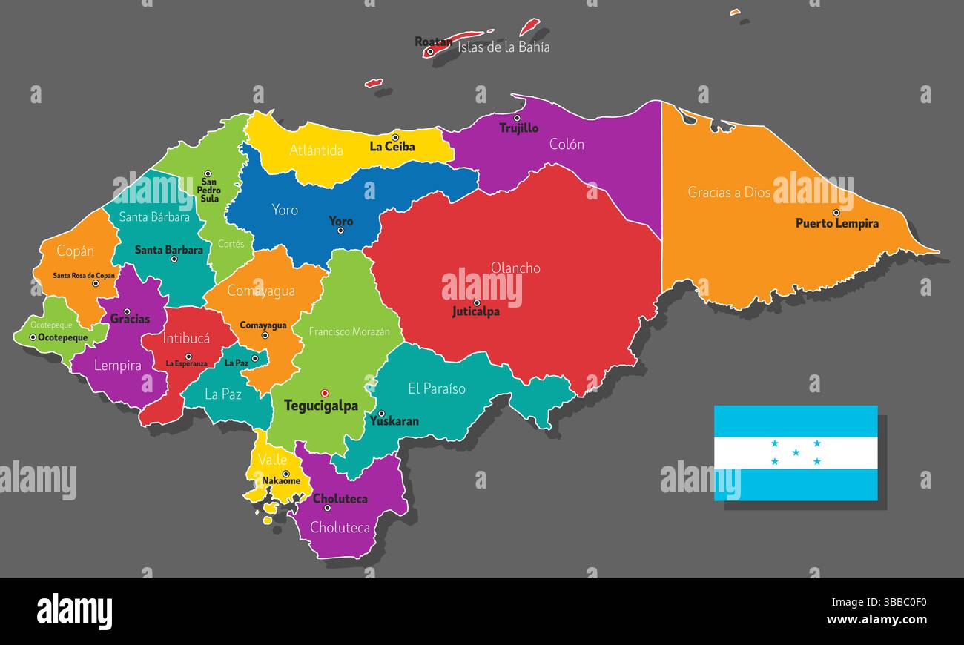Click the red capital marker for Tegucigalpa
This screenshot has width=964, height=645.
pos(324,393)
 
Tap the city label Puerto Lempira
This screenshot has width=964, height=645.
pos(836,223)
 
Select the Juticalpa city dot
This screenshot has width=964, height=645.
pos(477,302)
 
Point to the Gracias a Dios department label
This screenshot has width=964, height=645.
pos(729,192)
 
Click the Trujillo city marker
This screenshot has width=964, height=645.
pos(517,118)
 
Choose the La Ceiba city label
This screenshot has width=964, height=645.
pos(392,147)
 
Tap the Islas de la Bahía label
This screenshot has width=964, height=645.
pos(504,47)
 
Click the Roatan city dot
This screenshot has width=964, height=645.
pos(429,52)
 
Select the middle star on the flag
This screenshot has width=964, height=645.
pos(796,452)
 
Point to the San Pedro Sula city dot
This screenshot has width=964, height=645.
pos(208,173)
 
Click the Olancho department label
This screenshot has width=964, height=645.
pos(515,268)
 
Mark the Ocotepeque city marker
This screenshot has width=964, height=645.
pos(33,337)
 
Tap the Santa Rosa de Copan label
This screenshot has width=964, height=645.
pos(84,275)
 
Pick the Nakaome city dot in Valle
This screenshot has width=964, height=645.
pos(285,474)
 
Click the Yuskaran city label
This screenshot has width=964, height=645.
pos(394,421)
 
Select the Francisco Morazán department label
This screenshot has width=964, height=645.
pos(349,331)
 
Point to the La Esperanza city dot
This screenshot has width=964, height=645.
pos(188,356)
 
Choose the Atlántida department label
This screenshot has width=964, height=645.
pos(316,150)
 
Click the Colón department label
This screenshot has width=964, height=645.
pos(567,145)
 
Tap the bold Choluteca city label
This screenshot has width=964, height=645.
pos(340,499)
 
